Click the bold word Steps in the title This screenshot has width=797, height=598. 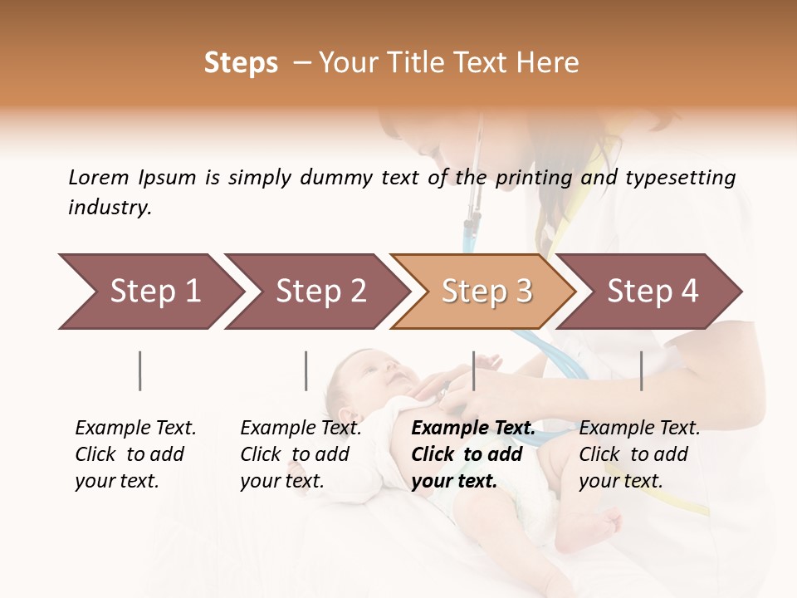coord(241,63)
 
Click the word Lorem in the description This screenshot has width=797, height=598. coord(99,177)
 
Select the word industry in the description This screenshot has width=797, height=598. coord(110,208)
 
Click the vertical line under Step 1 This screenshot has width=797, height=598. coord(140,370)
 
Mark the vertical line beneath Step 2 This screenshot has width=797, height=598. coord(306,370)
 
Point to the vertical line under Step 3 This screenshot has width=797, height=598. coord(474,370)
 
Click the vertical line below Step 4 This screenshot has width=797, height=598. coord(642,370)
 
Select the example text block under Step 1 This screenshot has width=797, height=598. coord(135,454)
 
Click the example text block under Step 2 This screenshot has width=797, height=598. coord(301,454)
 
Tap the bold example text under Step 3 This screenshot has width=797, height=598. coord(472,454)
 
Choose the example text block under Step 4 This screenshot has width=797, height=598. coord(639,454)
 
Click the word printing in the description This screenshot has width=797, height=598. coord(534,178)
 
